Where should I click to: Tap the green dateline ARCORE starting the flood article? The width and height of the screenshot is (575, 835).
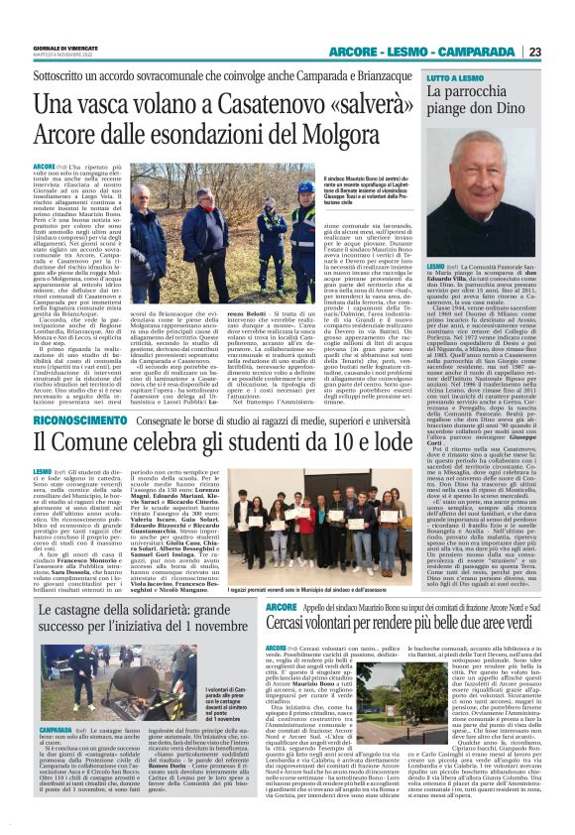click(45, 166)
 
